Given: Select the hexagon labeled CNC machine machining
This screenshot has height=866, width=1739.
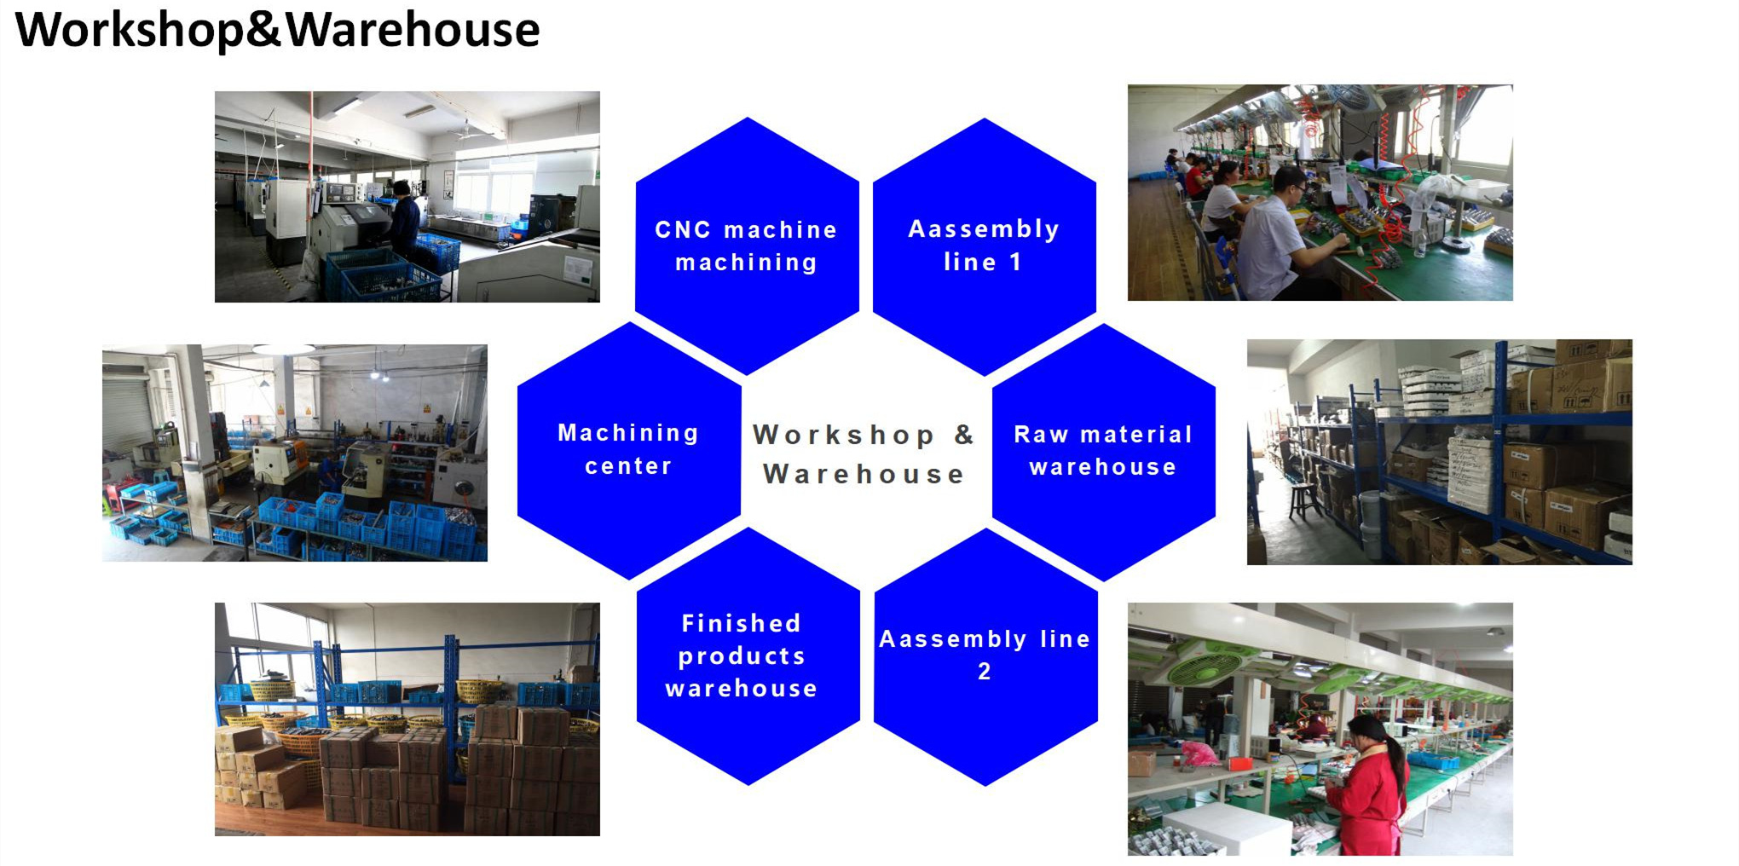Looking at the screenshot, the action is point(747,245).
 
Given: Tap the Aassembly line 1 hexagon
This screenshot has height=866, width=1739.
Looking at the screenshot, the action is point(985,246).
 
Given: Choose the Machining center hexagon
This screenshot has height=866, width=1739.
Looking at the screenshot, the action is point(629,450).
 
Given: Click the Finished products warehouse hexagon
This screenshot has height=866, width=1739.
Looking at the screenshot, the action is point(748,655).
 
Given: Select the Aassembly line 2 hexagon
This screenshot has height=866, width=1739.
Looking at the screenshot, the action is point(986,656).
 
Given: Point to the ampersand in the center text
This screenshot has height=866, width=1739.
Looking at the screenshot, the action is point(964,435).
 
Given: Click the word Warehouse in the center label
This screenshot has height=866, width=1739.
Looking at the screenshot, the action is point(863,474).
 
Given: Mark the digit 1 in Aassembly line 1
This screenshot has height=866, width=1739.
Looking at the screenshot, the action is point(1015,263).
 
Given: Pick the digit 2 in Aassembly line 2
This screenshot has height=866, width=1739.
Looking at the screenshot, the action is point(985,672).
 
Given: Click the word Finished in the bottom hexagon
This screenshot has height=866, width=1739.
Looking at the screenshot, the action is point(742,623).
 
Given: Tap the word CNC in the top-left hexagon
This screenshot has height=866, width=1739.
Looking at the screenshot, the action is point(683,229).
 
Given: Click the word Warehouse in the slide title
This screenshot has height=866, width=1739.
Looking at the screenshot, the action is point(413,31).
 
